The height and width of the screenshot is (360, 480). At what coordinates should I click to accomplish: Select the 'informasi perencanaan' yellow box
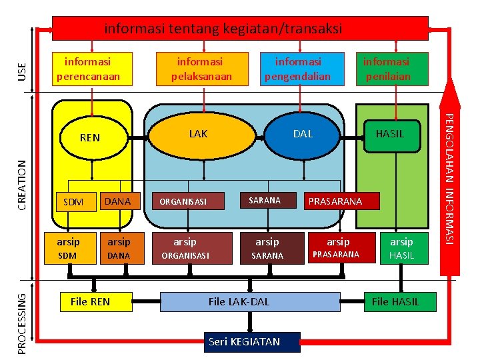pos(93,69)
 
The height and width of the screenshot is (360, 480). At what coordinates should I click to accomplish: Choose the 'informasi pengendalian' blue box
pos(301,69)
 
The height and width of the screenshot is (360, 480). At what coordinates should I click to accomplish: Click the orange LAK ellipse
pos(199,135)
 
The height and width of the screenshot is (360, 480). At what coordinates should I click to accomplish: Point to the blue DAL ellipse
pos(303,135)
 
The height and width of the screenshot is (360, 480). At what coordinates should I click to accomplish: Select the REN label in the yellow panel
pos(90,138)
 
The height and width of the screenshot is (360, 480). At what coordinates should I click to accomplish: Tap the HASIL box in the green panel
pos(390,134)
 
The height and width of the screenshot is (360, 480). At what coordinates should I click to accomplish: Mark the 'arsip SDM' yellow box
pos(68,248)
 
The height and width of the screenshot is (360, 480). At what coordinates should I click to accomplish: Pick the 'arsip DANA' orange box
pos(119,248)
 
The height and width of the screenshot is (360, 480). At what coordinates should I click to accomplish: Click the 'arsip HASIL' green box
pos(402,248)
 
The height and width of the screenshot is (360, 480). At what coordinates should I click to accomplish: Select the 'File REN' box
pos(91,302)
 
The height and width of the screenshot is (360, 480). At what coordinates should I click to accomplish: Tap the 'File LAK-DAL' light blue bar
pos(239,302)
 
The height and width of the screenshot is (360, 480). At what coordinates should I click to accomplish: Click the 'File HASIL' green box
pos(396,302)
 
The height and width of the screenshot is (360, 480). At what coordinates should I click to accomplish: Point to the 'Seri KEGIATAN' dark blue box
pos(244,342)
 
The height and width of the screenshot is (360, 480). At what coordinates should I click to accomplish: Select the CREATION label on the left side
pos(23,185)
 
